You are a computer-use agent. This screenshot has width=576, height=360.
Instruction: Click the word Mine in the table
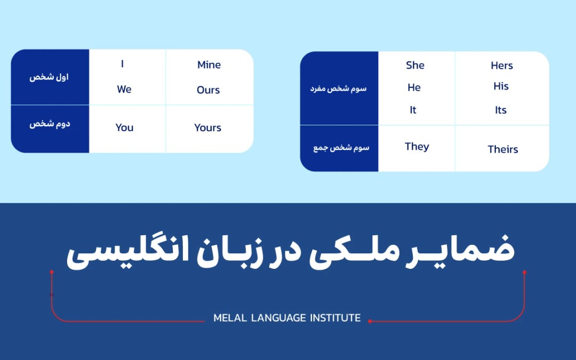209,65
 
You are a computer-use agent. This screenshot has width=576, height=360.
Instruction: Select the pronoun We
124,90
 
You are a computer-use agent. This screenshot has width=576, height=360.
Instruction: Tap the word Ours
208,90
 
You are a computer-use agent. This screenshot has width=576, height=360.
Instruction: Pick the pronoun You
124,127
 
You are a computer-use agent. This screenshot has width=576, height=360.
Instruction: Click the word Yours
207,128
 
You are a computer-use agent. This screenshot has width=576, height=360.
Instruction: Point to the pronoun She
415,66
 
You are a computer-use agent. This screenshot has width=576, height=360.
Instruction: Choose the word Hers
501,66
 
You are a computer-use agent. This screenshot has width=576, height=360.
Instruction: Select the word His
501,86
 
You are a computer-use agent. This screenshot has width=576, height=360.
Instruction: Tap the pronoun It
413,110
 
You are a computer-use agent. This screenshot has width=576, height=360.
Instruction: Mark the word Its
500,110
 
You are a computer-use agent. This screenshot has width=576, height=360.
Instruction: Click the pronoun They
417,147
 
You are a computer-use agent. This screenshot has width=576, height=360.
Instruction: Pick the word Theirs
502,149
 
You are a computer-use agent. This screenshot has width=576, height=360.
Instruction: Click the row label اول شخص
50,77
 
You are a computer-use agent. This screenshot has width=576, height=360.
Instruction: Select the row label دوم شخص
50,124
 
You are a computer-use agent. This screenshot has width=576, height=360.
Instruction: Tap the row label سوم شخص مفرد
339,89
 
